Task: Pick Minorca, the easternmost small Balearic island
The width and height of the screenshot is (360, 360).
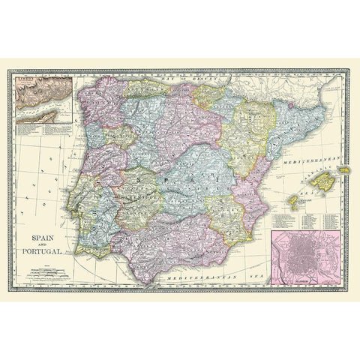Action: [x=344, y=170]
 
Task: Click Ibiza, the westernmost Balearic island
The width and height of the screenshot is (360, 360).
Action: [x=295, y=201]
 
